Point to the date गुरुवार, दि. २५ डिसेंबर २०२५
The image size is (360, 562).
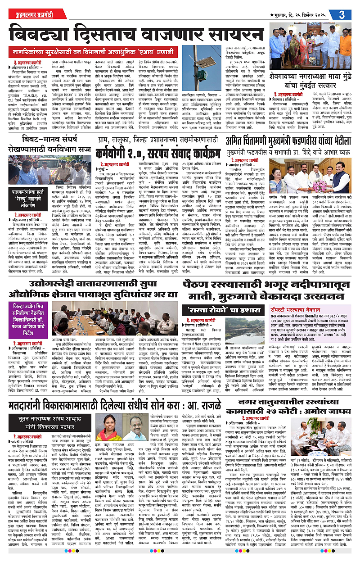point(302,15)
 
